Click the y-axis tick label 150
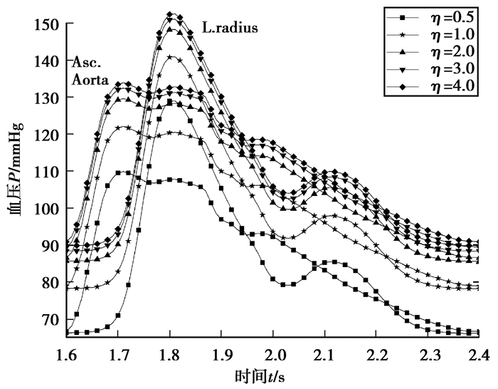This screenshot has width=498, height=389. [x=46, y=25]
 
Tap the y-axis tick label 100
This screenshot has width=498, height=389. [x=46, y=209]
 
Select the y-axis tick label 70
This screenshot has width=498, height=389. [x=49, y=319]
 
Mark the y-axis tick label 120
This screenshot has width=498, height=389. [x=46, y=135]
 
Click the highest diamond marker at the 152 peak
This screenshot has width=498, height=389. [x=170, y=14]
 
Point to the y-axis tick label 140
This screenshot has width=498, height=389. [x=46, y=61]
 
